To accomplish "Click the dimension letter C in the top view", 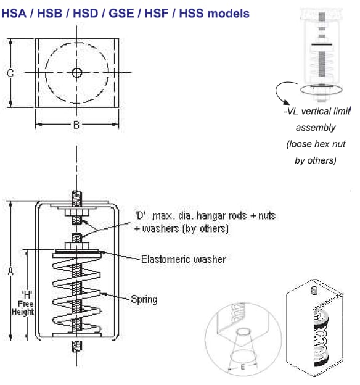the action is pyautogui.click(x=10, y=73).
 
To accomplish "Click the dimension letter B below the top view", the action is pyautogui.click(x=76, y=125).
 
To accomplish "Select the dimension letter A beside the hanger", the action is pyautogui.click(x=10, y=271).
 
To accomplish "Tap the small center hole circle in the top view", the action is pyautogui.click(x=77, y=73).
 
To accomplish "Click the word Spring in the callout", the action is pyautogui.click(x=144, y=299).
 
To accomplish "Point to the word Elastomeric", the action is pyautogui.click(x=166, y=259).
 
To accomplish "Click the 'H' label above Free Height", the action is pyautogui.click(x=27, y=294).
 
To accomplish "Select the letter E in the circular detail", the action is pyautogui.click(x=243, y=367).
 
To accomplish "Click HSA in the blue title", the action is pyautogui.click(x=14, y=13).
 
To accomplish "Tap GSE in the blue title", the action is pyautogui.click(x=121, y=13).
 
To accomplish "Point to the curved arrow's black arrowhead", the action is pyautogui.click(x=285, y=102).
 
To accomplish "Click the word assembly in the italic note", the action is pyautogui.click(x=316, y=128).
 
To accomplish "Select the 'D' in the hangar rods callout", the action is pyautogui.click(x=140, y=215).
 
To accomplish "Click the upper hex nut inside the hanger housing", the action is pyautogui.click(x=77, y=212).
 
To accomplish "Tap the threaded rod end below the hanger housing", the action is pyautogui.click(x=76, y=346).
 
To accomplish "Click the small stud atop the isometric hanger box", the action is pyautogui.click(x=314, y=290).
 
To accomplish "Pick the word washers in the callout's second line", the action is pyautogui.click(x=161, y=229).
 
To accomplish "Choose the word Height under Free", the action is pyautogui.click(x=23, y=312).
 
